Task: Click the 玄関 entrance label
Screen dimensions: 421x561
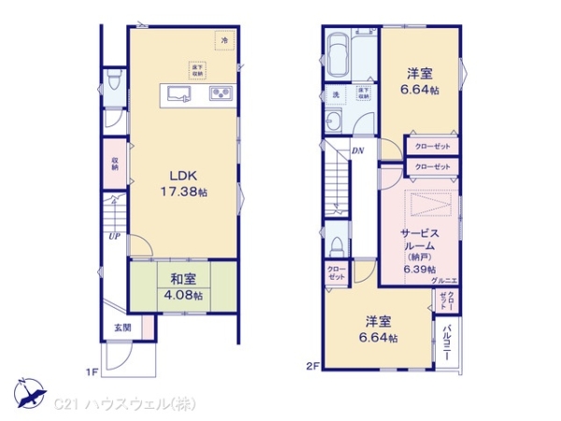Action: (x=122, y=327)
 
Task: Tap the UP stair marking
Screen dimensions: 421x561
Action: (x=112, y=237)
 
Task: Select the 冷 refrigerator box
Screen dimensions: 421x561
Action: (x=223, y=41)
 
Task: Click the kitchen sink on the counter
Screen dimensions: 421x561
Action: (x=179, y=93)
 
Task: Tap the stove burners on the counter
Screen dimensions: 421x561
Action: (x=222, y=93)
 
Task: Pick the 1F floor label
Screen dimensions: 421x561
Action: (x=93, y=372)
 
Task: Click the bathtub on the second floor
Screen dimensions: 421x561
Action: (x=338, y=48)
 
